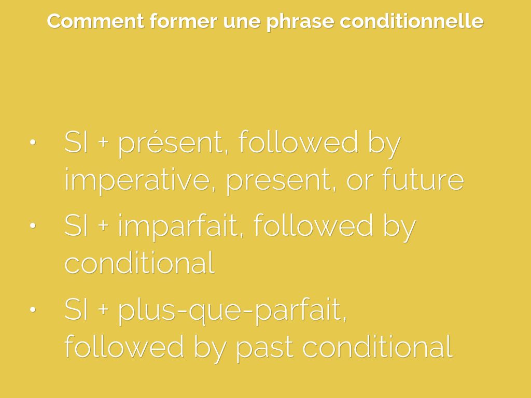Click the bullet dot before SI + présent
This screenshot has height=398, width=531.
pos(33,142)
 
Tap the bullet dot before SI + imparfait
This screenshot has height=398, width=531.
pos(33,225)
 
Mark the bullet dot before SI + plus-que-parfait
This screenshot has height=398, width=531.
pos(33,309)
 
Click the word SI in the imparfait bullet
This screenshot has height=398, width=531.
pos(76,226)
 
